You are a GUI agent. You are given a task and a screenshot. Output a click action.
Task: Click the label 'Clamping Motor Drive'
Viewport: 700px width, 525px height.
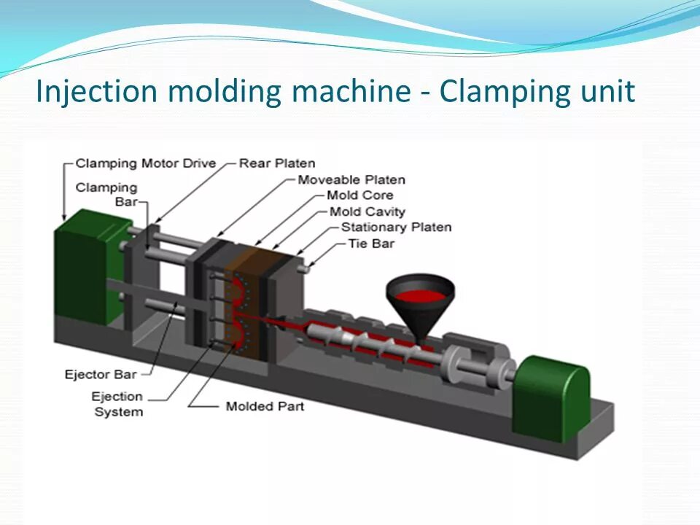(x=146, y=163)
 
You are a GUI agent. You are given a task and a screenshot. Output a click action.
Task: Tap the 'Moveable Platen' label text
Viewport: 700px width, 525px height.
(x=351, y=179)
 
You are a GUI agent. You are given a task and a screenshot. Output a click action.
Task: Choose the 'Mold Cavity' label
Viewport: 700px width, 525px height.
(x=367, y=211)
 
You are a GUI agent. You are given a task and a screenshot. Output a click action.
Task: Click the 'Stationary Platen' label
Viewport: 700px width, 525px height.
(x=396, y=227)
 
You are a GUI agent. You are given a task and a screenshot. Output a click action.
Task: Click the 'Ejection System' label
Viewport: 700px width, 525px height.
(x=117, y=404)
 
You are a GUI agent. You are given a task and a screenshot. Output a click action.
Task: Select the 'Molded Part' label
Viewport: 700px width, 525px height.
(x=265, y=406)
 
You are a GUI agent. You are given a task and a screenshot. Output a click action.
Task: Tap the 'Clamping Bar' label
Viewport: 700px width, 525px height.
(x=106, y=194)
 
